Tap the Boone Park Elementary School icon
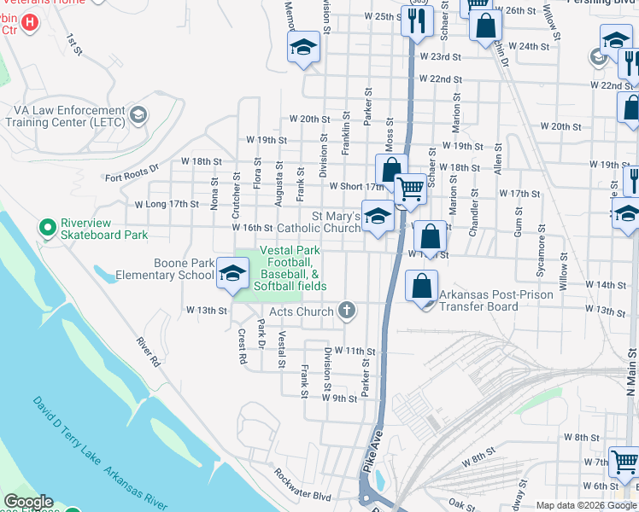(231, 274)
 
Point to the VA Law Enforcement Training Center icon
(138, 115)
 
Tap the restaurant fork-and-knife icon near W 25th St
(417, 22)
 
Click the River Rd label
(148, 351)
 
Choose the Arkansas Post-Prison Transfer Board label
(491, 300)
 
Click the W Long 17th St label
(166, 204)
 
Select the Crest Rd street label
(242, 346)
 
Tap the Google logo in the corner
(28, 502)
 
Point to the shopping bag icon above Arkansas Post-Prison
(423, 286)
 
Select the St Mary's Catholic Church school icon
(377, 215)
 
